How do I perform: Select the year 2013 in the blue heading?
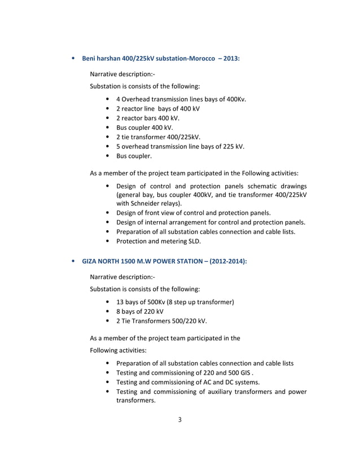pos(231,58)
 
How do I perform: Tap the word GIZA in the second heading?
pos(90,262)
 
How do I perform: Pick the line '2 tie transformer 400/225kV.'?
pos(158,137)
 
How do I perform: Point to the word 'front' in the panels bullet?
pos(155,213)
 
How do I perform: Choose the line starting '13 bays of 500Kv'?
pos(174,302)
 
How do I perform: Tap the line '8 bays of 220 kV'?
pos(140,311)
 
